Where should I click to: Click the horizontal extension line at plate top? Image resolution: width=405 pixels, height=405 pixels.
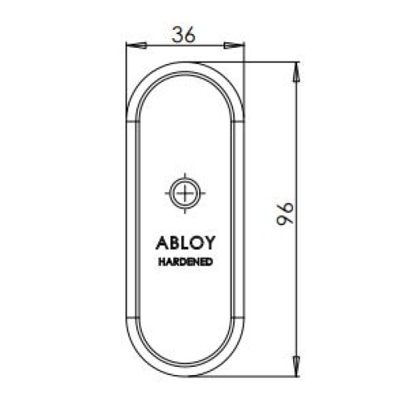[259, 62]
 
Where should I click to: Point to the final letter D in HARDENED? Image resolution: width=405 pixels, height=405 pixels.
[211, 262]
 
